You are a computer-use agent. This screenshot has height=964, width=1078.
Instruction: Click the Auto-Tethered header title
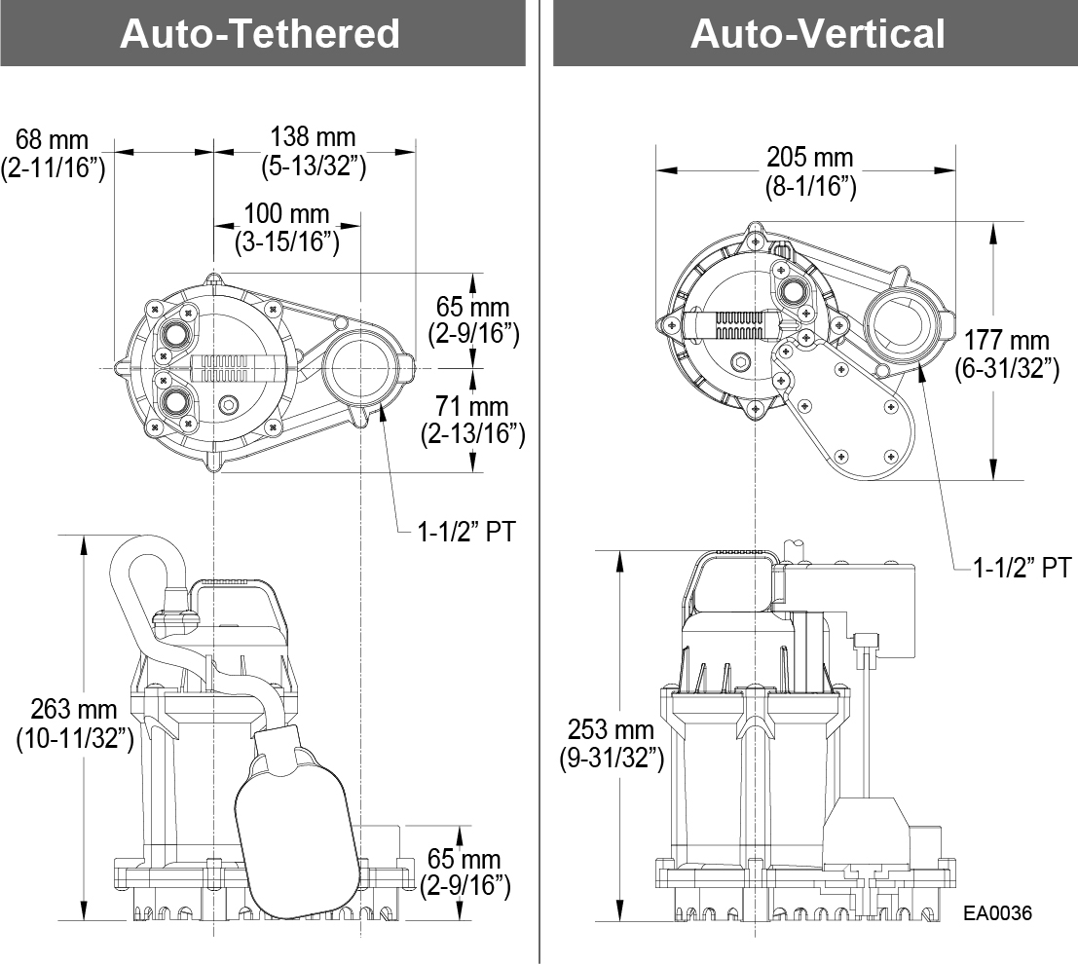click(260, 34)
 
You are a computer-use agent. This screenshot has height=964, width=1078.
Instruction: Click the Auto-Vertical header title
click(817, 34)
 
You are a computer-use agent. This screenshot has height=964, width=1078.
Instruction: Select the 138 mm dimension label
click(314, 151)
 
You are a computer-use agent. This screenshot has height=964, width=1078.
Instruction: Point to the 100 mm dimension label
click(287, 228)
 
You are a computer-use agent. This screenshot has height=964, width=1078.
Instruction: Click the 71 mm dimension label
click(473, 420)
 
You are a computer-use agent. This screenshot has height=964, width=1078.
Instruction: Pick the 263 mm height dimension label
click(74, 723)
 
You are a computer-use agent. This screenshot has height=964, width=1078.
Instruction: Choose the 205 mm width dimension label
click(810, 171)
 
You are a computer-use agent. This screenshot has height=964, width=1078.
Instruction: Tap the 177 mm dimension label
click(1007, 354)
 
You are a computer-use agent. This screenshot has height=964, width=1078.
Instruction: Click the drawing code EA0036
click(998, 912)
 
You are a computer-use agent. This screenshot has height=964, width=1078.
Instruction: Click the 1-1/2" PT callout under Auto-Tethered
click(465, 531)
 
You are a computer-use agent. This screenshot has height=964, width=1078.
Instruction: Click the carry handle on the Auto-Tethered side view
click(239, 585)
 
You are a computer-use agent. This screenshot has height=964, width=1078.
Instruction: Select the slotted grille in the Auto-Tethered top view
click(239, 368)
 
